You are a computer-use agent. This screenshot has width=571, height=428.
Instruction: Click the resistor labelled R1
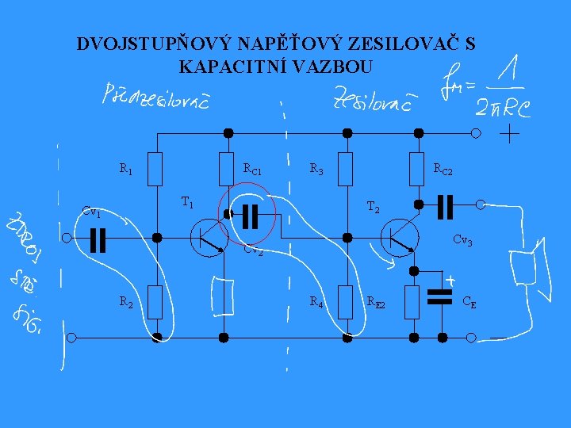[x=156, y=169]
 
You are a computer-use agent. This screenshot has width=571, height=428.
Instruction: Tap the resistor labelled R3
[x=345, y=169]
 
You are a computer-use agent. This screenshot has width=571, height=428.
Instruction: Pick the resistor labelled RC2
[x=418, y=169]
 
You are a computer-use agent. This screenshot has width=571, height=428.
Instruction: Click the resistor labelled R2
[x=156, y=302]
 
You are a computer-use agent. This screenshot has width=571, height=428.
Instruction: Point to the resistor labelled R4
[x=345, y=302]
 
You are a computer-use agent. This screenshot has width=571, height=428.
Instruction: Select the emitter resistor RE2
[x=412, y=302]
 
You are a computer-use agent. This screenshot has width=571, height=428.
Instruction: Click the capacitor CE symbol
[x=439, y=296]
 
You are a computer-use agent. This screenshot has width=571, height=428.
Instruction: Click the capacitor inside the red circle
[x=251, y=214]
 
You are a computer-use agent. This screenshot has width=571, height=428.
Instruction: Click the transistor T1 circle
[x=208, y=238]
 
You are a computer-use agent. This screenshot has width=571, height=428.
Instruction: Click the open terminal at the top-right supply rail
[x=476, y=133]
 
